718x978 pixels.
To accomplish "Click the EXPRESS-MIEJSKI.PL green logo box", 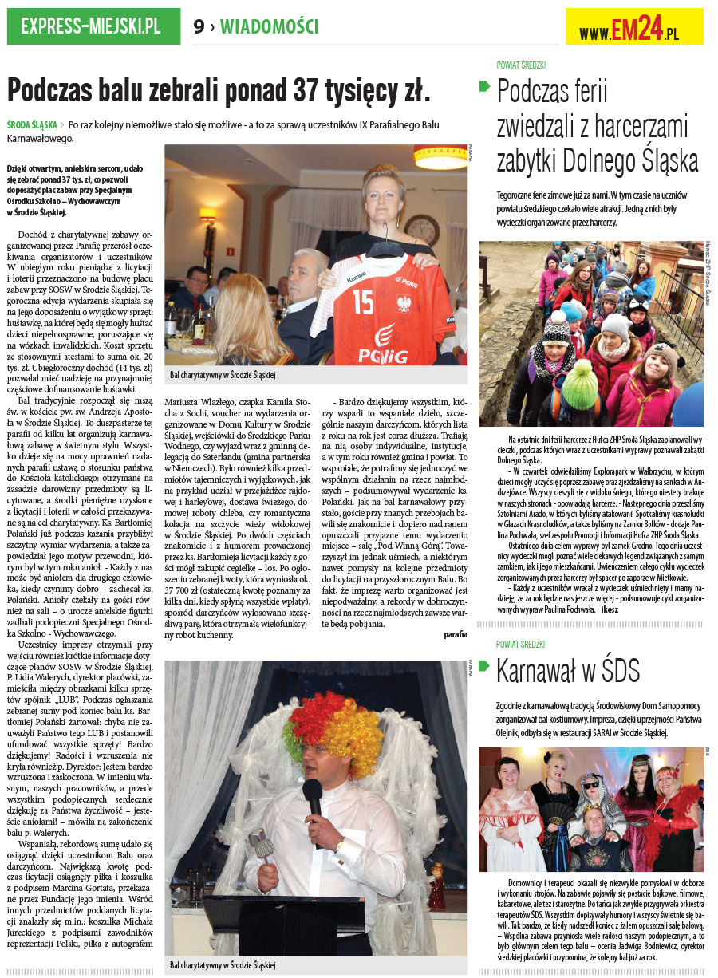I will click(90, 26).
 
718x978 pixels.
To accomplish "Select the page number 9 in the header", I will click(199, 27).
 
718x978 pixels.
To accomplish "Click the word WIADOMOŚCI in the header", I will click(270, 27).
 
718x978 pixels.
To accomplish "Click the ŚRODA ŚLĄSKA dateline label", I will click(31, 125).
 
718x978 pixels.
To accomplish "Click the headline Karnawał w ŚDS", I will click(567, 672).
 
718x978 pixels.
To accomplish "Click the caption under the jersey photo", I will click(222, 374).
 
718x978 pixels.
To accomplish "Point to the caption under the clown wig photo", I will click(222, 965).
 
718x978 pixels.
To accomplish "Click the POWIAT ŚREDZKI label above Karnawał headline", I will click(520, 644).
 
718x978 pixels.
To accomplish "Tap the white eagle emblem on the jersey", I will click(405, 303).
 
